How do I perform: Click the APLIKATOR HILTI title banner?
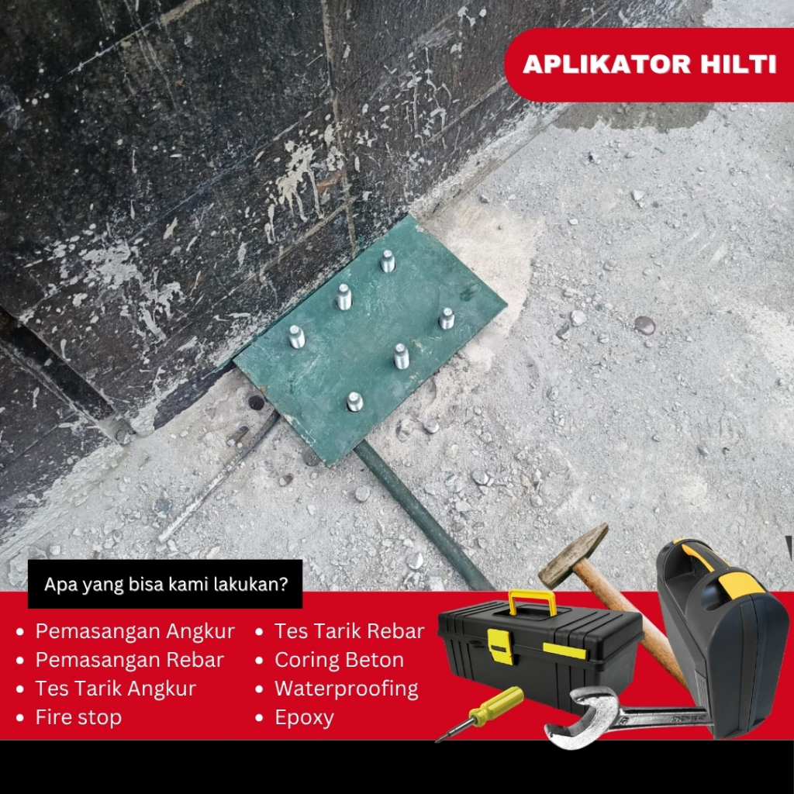coord(650,64)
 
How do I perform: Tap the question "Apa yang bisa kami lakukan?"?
coord(165,584)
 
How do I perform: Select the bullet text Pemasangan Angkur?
coord(135,631)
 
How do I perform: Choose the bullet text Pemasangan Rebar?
coord(129,660)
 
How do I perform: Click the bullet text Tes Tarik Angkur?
coord(116,689)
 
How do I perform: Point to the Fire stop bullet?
coord(78,717)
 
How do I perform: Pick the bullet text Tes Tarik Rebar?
coord(349,631)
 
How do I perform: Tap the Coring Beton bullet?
coord(339,660)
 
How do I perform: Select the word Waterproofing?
coord(346,689)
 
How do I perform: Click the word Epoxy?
coord(304,717)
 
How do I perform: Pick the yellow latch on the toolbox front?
coord(500,646)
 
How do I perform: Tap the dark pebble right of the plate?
coord(644,325)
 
